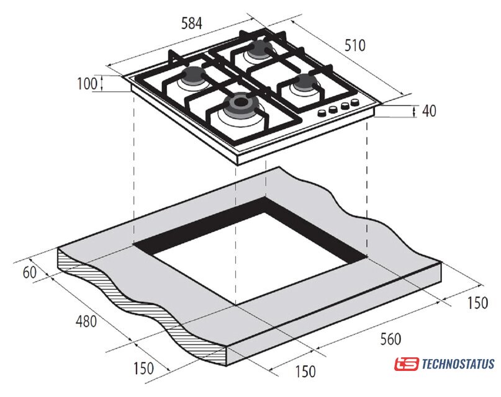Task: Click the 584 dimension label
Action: [192, 24]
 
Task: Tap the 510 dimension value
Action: [355, 45]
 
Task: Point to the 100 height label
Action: [88, 84]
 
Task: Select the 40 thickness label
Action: [429, 111]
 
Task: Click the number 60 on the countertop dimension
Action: [30, 272]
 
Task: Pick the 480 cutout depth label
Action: [86, 321]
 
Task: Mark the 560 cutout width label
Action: [390, 339]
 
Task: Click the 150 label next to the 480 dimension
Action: [143, 368]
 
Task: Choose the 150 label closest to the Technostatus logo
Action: [477, 303]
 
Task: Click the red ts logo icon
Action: [406, 364]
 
